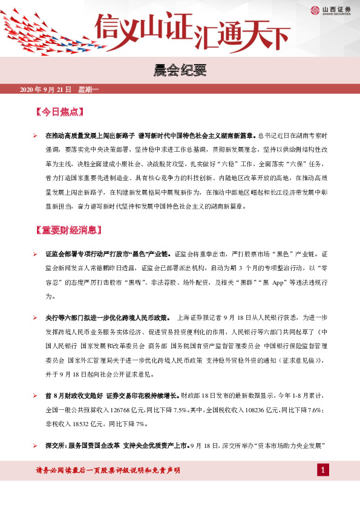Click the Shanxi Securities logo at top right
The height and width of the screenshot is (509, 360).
pos(331,9)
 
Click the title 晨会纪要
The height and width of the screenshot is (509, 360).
pos(180,71)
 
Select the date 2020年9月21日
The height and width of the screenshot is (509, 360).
pos(46,89)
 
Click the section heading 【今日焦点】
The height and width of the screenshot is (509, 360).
pos(58,112)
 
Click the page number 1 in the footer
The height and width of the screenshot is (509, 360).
pos(324,470)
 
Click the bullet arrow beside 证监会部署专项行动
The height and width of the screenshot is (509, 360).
pos(35,257)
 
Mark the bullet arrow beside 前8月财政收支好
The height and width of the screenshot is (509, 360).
pos(35,395)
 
